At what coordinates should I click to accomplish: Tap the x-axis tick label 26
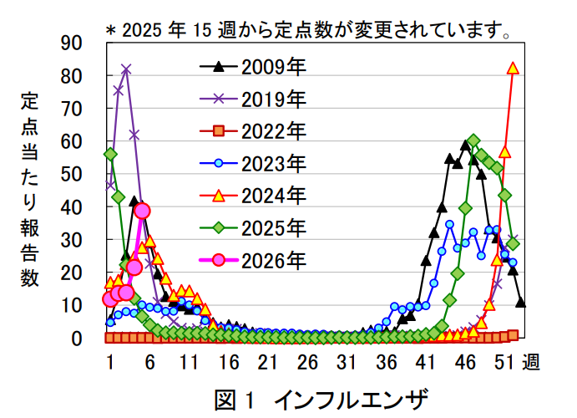307,362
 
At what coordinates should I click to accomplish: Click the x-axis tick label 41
426,362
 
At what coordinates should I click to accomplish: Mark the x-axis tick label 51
504,362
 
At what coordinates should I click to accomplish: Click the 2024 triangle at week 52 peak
514,69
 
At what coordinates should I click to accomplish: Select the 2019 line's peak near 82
126,69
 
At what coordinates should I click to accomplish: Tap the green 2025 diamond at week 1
110,155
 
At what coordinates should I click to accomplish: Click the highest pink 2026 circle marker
142,211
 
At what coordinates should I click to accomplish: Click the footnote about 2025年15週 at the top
307,31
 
